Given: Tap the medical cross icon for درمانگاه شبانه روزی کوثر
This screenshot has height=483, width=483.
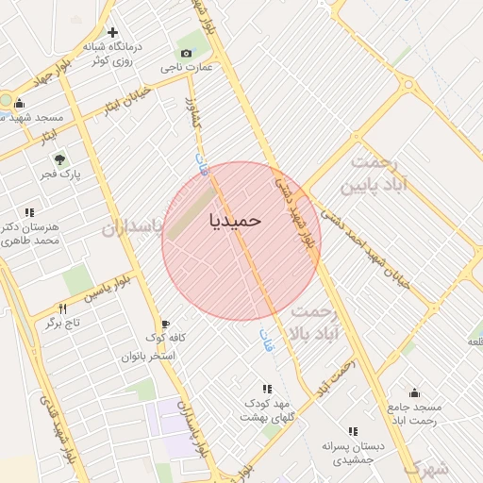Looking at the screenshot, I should pos(113,33).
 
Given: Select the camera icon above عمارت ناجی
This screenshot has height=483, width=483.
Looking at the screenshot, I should pos(186,54).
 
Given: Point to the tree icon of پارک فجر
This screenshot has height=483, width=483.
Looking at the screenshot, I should pos(59,159).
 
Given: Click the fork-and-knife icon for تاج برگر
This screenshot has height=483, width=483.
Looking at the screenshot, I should pos(63,308).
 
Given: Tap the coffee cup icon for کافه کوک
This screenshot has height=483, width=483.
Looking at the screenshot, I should pos(166,324).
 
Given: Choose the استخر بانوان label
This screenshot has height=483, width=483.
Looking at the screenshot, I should pos(148,356).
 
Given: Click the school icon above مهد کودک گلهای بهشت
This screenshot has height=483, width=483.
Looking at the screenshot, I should pos(267,389).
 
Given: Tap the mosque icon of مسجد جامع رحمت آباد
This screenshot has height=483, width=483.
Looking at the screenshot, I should pos(413,392).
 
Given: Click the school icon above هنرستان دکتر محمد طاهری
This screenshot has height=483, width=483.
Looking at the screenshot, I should pos(28,212).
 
